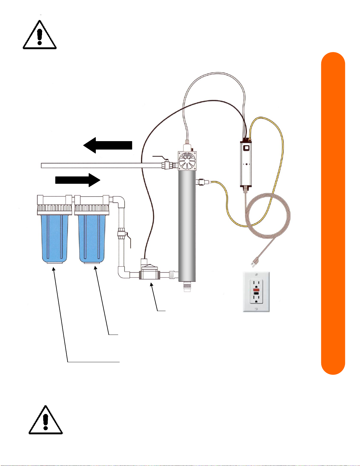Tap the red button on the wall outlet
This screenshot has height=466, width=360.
tap(256, 290)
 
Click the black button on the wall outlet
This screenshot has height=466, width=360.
tap(256, 293)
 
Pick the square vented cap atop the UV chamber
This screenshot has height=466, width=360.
tap(187, 161)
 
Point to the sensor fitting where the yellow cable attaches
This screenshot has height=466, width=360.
tap(202, 182)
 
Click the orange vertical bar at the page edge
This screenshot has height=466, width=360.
tap(333, 213)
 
